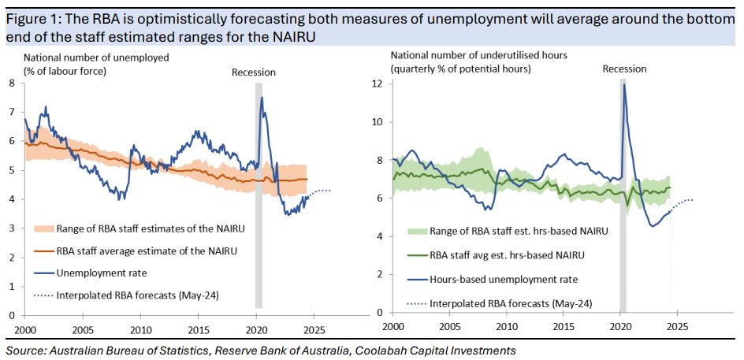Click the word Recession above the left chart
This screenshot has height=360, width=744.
coord(253,72)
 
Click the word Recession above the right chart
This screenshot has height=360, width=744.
coord(624,69)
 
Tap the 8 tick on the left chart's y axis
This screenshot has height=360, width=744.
coord(11,83)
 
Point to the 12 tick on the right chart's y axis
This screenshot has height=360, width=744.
coord(376,84)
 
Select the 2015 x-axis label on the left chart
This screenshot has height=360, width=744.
coord(198,328)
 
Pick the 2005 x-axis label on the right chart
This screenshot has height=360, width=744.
coord(450,325)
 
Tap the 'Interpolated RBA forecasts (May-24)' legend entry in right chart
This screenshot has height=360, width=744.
coord(509,302)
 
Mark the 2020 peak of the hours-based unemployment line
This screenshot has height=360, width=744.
coord(624,84)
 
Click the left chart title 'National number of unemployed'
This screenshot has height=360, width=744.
coord(96,58)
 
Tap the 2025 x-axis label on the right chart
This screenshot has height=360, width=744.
coord(677,325)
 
